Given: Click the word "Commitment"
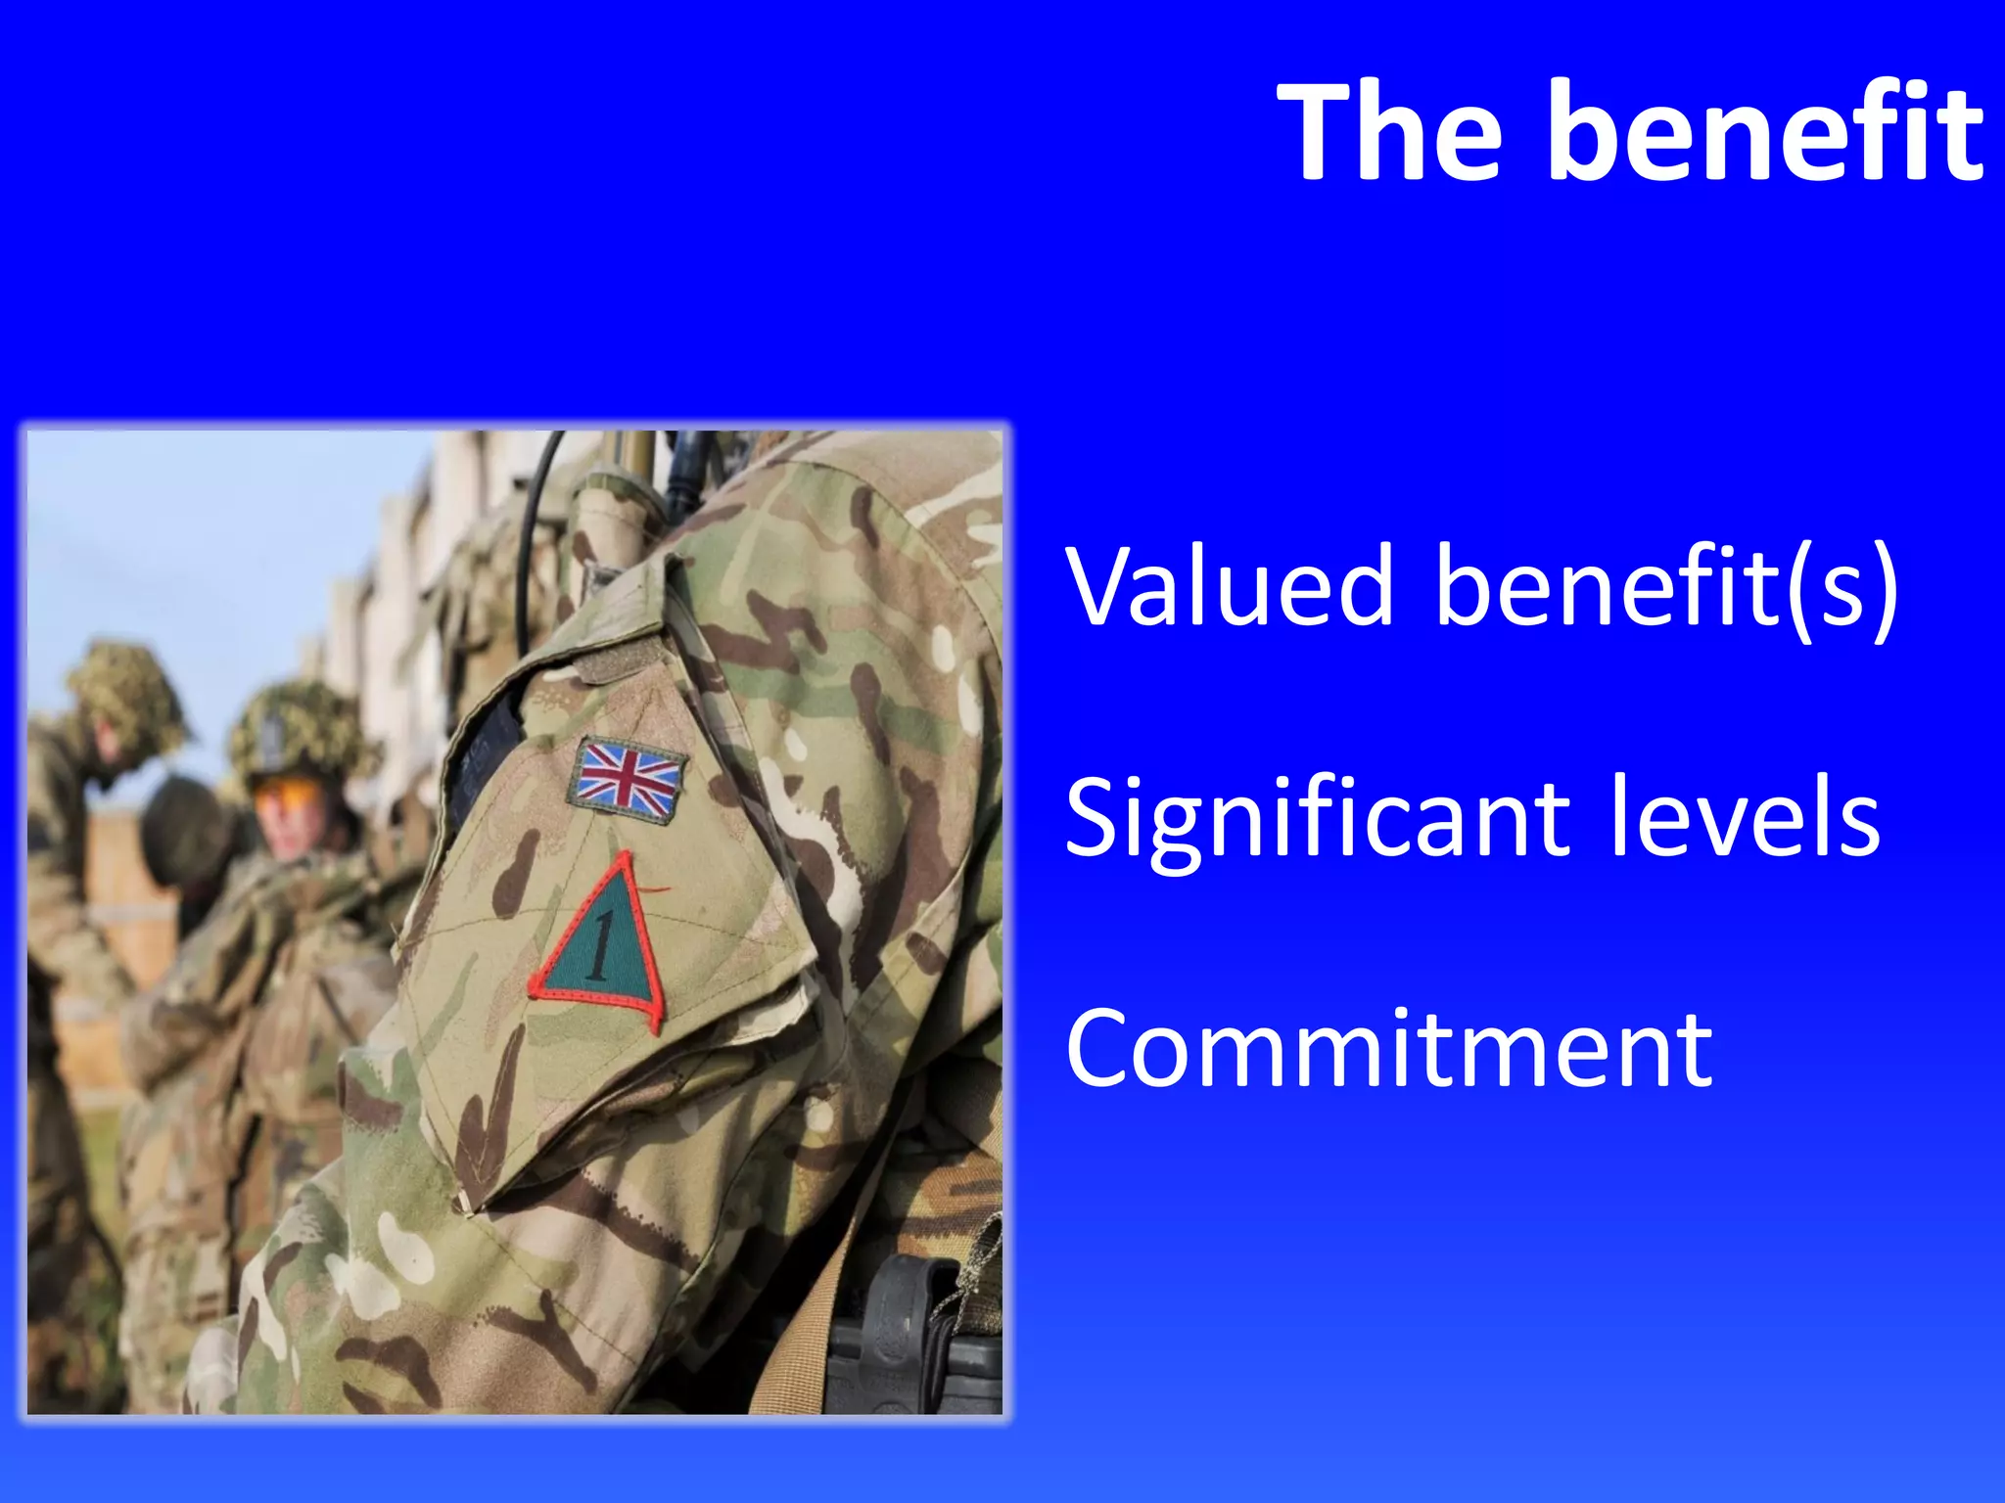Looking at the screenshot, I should click(1389, 1048).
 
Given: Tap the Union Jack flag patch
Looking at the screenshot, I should click(628, 776).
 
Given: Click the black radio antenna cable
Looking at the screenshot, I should click(534, 548).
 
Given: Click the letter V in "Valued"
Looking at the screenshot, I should click(1101, 586).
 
